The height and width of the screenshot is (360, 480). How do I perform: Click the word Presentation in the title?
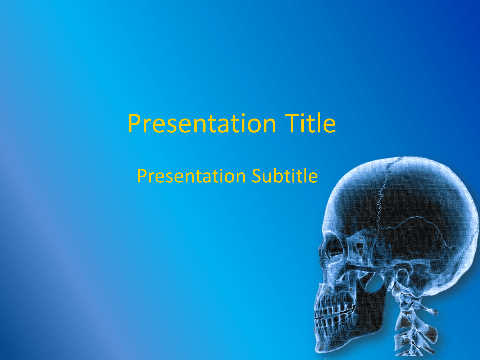point(202,124)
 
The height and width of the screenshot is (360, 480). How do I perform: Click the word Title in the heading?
point(310,123)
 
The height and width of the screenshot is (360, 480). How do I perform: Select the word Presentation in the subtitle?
point(192,176)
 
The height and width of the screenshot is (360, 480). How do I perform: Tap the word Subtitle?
point(285,176)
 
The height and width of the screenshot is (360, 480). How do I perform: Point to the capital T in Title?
point(292,123)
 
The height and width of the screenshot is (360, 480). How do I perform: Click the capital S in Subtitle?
point(256,176)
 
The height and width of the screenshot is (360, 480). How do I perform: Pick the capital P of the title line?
point(135,123)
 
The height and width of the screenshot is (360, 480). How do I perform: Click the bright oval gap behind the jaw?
point(376,283)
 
